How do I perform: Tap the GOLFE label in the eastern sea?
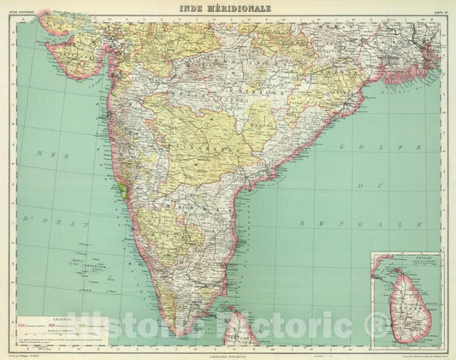[x=353, y=147]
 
